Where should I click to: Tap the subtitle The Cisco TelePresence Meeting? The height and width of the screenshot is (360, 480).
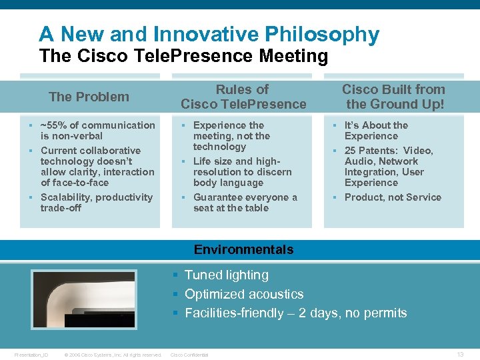click(183, 56)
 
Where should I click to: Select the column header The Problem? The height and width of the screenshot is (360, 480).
click(89, 97)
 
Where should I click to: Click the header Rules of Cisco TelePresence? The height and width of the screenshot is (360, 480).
click(243, 97)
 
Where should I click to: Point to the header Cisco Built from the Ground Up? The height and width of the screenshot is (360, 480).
click(393, 97)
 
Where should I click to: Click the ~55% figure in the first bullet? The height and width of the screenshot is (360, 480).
click(53, 125)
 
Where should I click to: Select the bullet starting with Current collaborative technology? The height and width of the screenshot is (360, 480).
click(97, 167)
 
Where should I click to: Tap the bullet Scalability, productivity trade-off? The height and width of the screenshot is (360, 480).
click(96, 203)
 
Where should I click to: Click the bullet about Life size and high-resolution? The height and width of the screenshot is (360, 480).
click(242, 172)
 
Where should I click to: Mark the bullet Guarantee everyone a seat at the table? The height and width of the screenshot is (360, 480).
click(245, 203)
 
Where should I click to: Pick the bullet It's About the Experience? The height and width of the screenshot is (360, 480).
click(376, 131)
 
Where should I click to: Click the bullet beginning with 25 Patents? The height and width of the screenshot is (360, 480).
click(389, 167)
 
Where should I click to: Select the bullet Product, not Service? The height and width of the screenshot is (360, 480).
click(393, 197)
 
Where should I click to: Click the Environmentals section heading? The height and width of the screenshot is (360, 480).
click(243, 250)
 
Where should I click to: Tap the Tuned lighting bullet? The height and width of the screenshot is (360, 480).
click(226, 275)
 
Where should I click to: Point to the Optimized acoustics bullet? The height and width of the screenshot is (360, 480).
click(243, 294)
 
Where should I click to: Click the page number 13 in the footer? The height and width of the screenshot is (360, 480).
click(460, 355)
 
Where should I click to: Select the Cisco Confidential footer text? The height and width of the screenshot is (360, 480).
click(190, 355)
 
